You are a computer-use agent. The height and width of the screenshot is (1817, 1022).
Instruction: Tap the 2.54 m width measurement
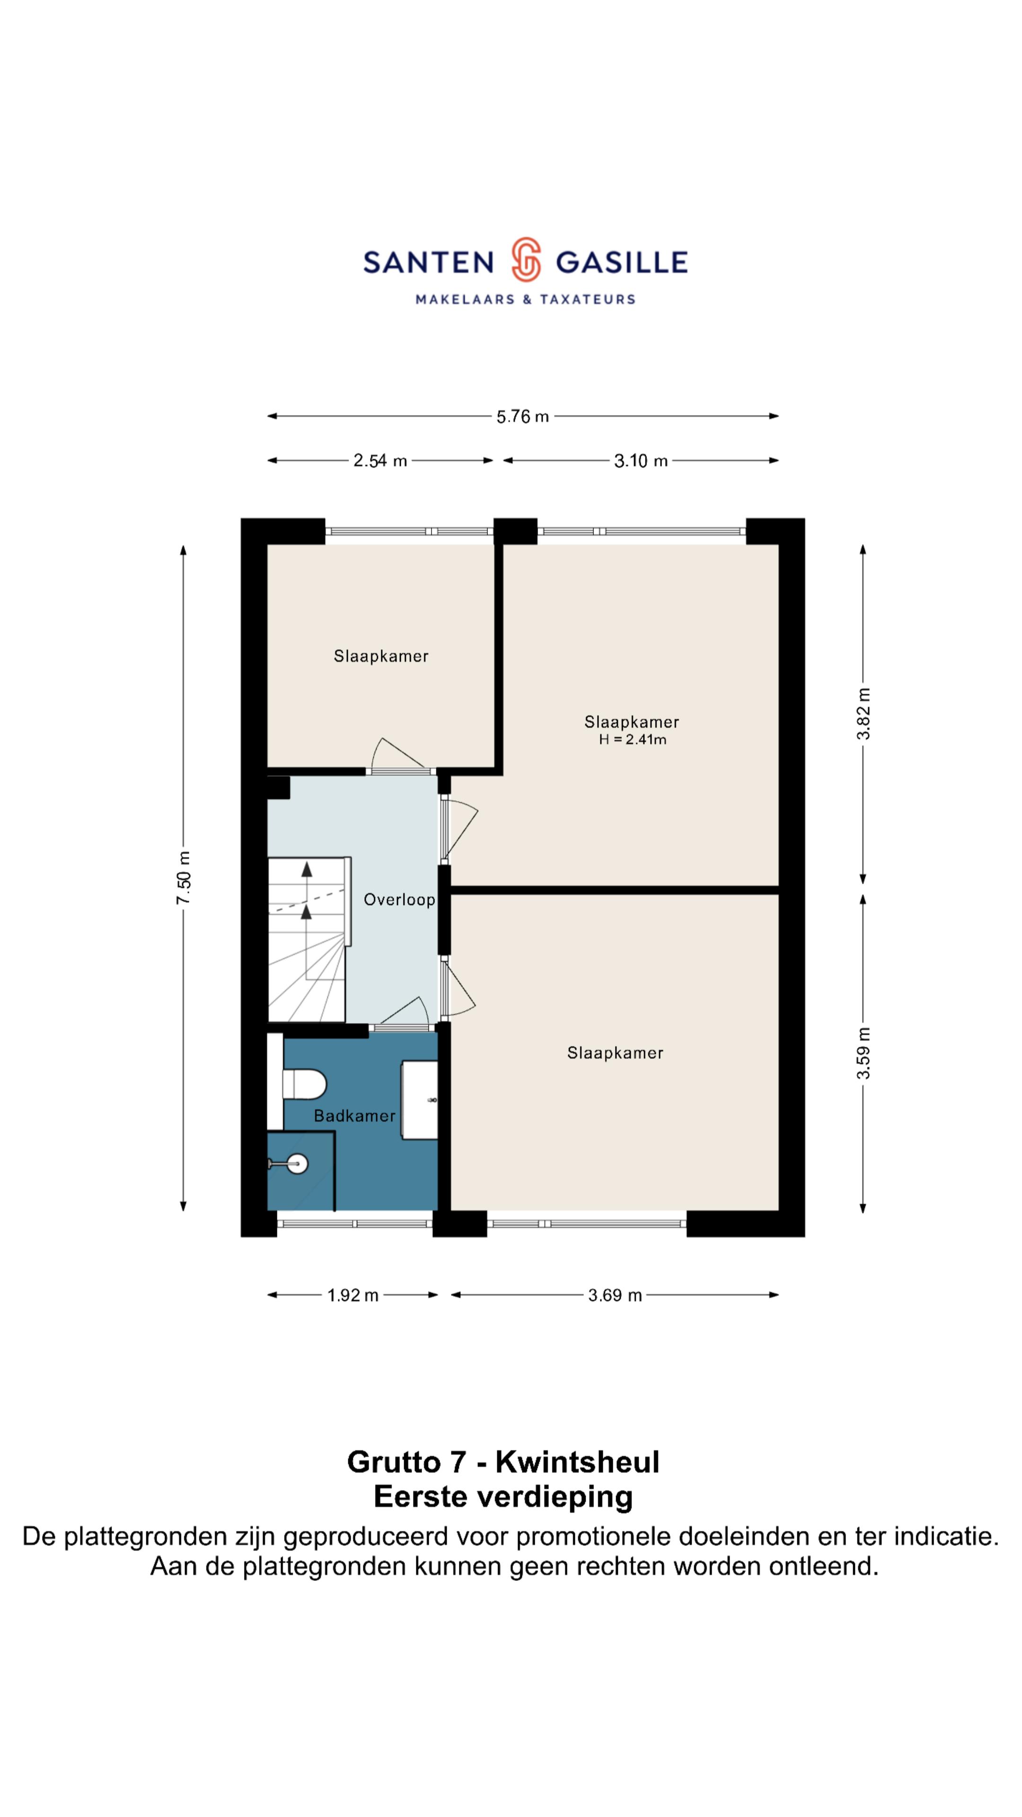point(380,460)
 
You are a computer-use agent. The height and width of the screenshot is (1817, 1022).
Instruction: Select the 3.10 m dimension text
point(641,460)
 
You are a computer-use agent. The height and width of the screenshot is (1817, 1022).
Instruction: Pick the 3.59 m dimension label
point(863,1053)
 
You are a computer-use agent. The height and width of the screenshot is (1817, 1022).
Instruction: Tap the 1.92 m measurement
point(352,1295)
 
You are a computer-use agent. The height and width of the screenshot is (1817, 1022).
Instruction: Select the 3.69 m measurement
point(615,1295)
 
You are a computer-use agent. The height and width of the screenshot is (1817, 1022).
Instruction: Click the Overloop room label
point(399,900)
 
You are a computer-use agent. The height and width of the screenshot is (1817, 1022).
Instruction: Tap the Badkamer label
point(355,1116)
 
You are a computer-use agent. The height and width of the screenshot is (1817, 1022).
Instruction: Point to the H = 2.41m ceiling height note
point(632,739)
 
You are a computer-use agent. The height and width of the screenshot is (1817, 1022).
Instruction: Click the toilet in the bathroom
point(304,1084)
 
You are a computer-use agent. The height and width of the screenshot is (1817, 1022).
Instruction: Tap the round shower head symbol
point(298,1164)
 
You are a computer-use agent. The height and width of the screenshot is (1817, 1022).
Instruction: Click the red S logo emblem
point(526,260)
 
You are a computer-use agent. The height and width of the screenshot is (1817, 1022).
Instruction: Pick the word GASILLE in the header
point(621,263)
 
